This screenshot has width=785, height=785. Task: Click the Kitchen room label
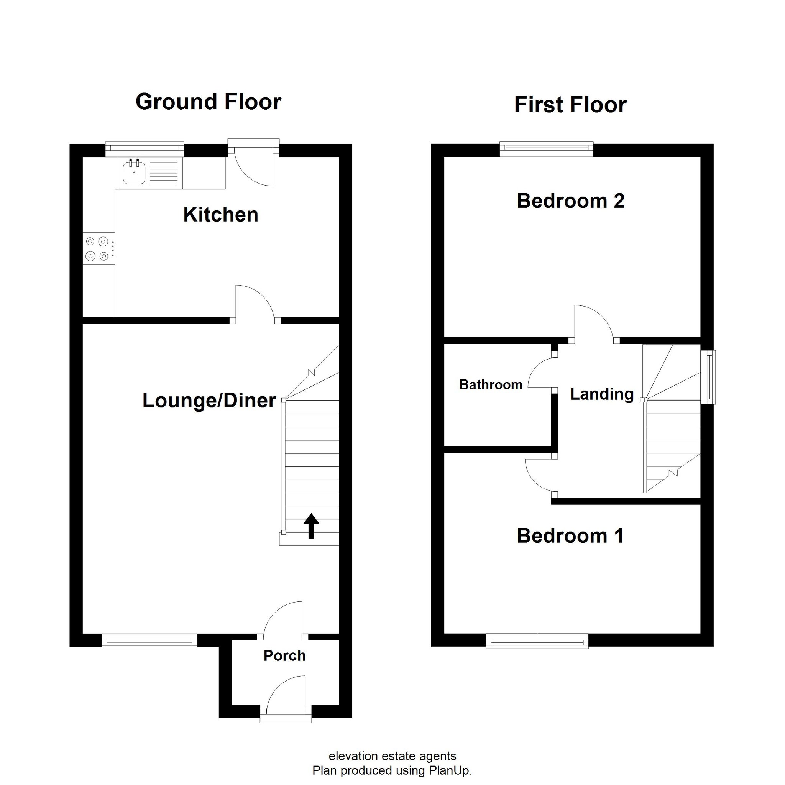click(x=221, y=215)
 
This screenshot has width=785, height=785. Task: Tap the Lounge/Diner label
click(x=209, y=401)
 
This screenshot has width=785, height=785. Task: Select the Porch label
click(x=284, y=656)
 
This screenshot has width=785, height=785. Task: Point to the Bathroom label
click(x=491, y=384)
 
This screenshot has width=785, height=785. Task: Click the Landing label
click(x=602, y=394)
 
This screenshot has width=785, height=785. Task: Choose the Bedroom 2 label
click(x=570, y=201)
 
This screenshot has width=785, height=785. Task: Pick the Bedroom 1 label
click(x=570, y=535)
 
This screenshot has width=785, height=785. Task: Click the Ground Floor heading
click(x=208, y=102)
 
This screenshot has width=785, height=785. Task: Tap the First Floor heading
click(x=570, y=104)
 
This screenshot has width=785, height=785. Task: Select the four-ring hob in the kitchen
click(x=99, y=249)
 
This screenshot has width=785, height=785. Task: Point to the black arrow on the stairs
click(x=311, y=526)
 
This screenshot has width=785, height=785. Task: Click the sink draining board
click(x=164, y=173)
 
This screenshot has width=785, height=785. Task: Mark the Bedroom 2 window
click(x=547, y=149)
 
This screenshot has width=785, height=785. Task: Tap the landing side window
click(x=708, y=377)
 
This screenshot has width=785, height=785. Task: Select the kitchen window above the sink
click(x=145, y=149)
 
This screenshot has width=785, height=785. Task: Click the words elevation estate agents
click(x=392, y=756)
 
